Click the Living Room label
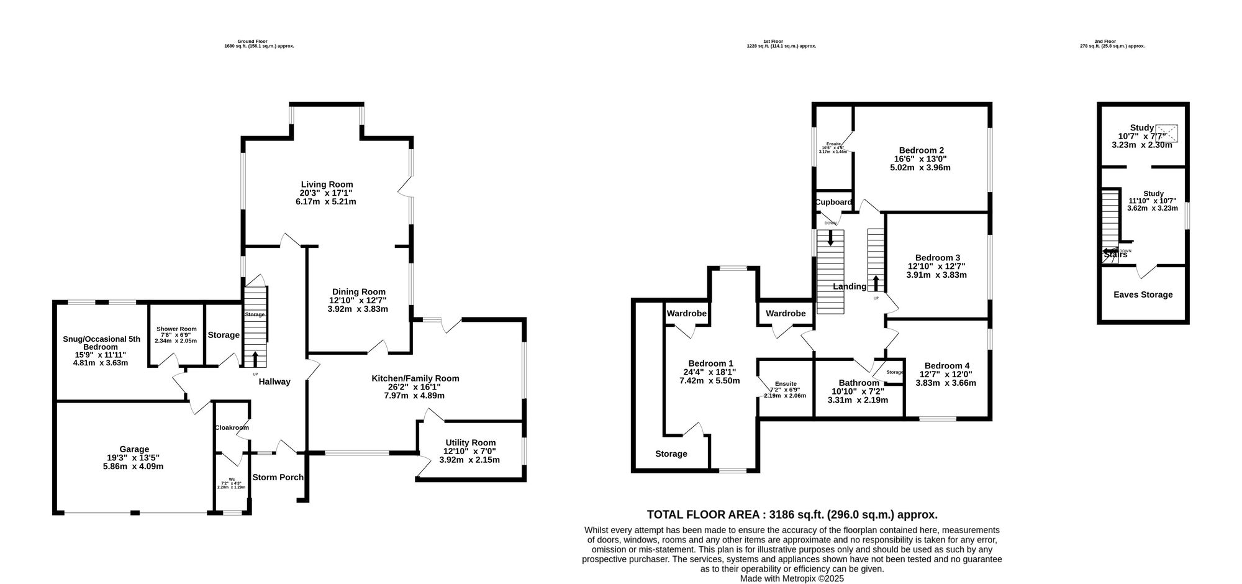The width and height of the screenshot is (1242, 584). click(x=327, y=185)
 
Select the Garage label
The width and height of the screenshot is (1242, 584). click(x=134, y=449)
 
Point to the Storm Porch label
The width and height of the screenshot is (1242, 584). click(x=278, y=477)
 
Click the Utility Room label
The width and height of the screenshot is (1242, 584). click(x=470, y=443)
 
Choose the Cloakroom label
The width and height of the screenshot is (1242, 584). click(x=232, y=427)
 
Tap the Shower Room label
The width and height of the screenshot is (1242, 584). click(x=176, y=329)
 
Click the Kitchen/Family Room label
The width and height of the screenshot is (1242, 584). click(x=415, y=378)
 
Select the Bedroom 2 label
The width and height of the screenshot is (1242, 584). click(x=921, y=150)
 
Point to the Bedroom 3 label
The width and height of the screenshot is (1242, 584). click(x=937, y=258)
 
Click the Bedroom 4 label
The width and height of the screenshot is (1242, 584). click(x=946, y=366)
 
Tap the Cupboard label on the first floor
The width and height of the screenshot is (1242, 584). click(x=833, y=202)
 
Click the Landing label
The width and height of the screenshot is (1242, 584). click(x=849, y=286)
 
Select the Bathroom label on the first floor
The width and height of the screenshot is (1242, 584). click(x=858, y=383)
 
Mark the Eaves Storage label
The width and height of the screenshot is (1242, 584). click(x=1143, y=294)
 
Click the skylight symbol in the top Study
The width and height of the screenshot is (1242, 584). click(x=1166, y=133)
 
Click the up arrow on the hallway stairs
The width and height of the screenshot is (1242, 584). click(x=255, y=358)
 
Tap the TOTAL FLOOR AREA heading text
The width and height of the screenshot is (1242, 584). click(x=792, y=514)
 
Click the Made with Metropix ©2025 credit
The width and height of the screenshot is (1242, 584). click(x=792, y=578)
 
